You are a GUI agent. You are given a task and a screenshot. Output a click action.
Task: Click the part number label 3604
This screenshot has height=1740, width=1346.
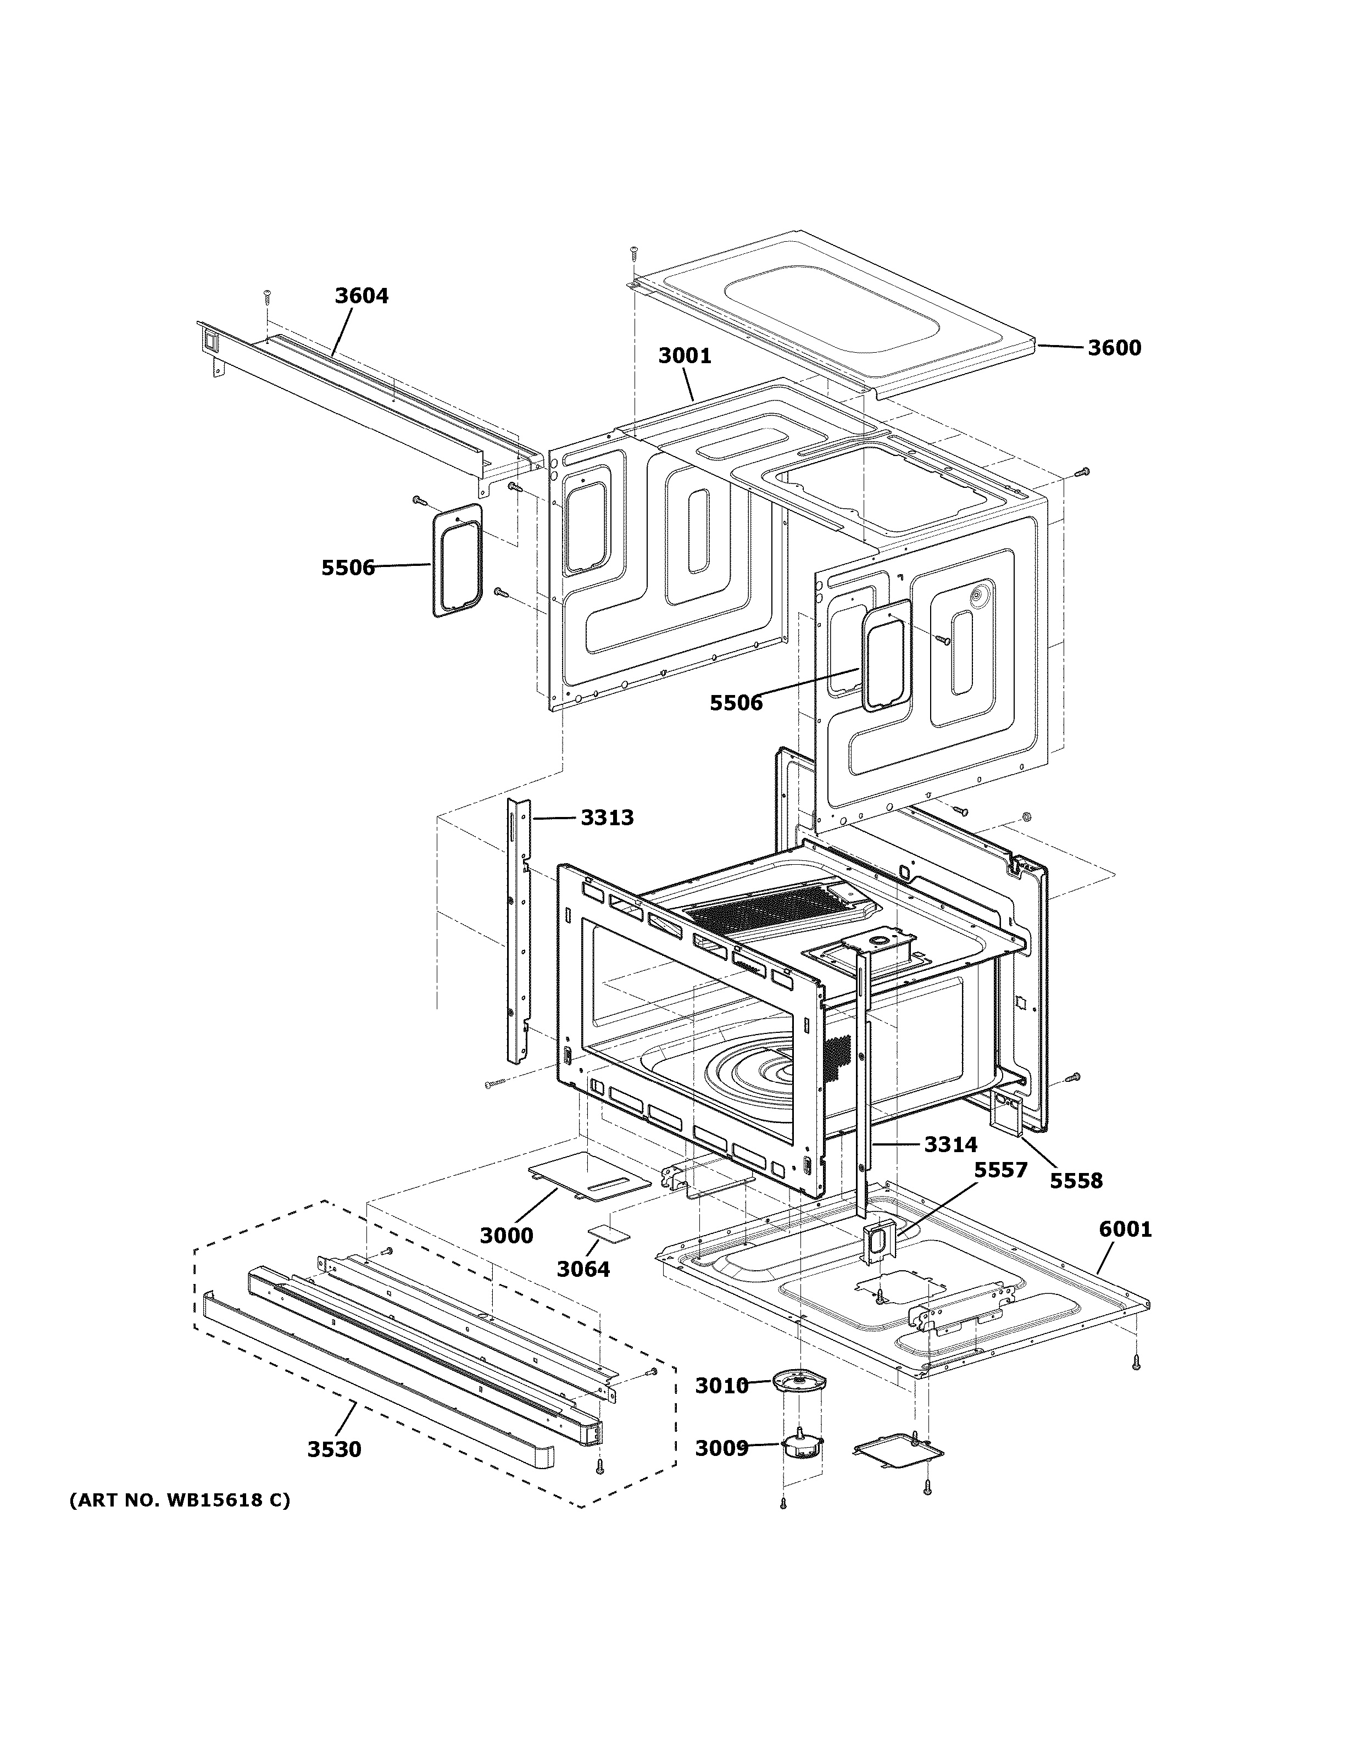[361, 296]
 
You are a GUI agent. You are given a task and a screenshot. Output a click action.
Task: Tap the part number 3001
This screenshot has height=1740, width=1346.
[684, 355]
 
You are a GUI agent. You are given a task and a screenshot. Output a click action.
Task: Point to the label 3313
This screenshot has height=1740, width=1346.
[607, 818]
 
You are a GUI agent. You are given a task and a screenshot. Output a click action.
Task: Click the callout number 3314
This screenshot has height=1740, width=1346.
[950, 1145]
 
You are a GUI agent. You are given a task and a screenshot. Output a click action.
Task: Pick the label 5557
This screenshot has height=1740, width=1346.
[1000, 1170]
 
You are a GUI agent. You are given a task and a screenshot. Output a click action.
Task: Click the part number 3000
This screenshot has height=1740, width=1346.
[506, 1236]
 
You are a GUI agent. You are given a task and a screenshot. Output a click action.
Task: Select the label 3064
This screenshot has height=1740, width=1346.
[583, 1269]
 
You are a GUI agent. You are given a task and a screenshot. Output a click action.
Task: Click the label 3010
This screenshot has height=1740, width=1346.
[721, 1386]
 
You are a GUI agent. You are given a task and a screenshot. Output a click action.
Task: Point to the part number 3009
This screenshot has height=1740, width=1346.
[721, 1448]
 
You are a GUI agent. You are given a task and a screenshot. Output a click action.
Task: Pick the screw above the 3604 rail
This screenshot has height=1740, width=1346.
[268, 296]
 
